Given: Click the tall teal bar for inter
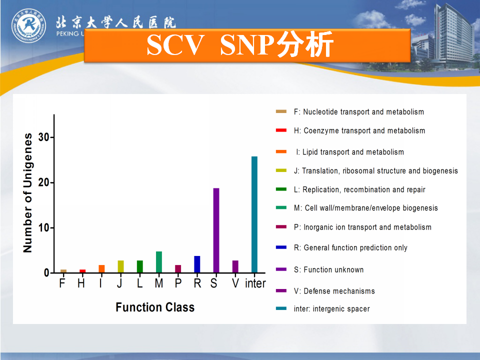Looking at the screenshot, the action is [x=254, y=214].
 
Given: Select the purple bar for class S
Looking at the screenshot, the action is [x=216, y=230].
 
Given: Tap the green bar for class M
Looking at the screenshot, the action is [x=159, y=262].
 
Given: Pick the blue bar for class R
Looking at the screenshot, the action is [x=197, y=264].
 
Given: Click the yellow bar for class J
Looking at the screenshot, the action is [x=120, y=266].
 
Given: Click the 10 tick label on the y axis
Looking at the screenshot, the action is [x=44, y=228].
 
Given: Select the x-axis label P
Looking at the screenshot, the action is [x=178, y=283].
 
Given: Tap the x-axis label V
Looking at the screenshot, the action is [x=235, y=283].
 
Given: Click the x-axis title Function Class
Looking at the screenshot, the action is [x=155, y=307].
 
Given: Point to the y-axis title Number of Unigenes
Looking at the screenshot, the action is [x=27, y=193].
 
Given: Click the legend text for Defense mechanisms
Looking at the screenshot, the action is [x=334, y=291].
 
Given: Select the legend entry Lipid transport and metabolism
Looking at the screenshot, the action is [x=350, y=152].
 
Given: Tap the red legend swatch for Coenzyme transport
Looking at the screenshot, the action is [x=281, y=130].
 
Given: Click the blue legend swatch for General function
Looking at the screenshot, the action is [x=281, y=247].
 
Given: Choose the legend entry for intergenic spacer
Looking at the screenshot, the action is [x=332, y=308].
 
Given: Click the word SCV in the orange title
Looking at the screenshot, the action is [x=175, y=45].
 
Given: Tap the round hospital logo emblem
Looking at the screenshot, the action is [x=29, y=25].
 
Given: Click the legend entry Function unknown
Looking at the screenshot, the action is [x=329, y=269].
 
